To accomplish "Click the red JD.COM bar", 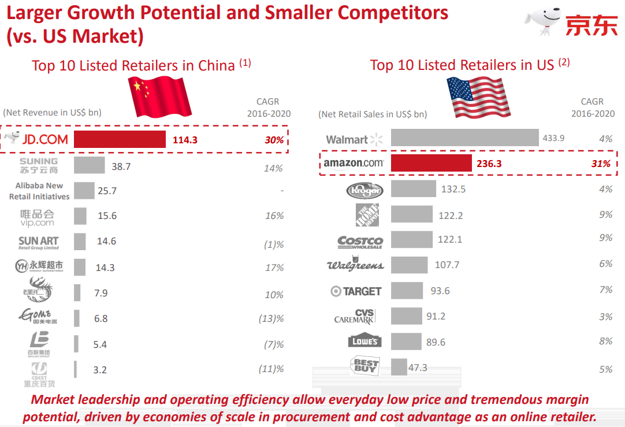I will point(120,139).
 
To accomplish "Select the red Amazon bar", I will point(431,164).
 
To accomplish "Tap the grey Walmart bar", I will point(464,138).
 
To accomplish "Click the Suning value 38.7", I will point(121,166).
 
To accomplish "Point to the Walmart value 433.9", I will point(553,138).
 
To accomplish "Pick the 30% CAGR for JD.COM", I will point(274,140).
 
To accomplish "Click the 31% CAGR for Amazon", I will point(600,164).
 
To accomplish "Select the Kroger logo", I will point(364,190).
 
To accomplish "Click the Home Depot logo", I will point(367,215).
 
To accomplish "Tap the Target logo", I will point(356,291).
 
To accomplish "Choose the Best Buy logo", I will point(366,365).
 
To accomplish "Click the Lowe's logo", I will point(365,341).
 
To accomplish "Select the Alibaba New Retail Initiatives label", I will point(39,191).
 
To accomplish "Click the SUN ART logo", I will point(39,242).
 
